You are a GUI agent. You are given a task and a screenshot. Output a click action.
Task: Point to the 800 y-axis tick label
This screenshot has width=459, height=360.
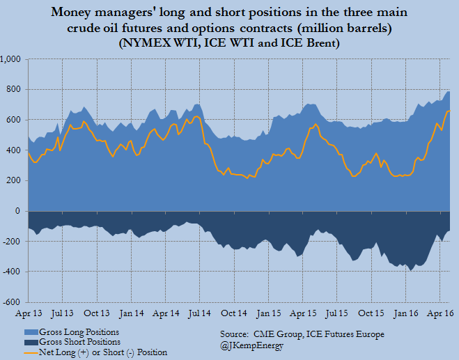(x=15, y=90)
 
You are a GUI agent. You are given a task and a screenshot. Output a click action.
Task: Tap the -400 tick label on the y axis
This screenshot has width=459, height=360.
(x=13, y=272)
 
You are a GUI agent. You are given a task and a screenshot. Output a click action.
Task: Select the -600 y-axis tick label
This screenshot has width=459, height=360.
(x=13, y=302)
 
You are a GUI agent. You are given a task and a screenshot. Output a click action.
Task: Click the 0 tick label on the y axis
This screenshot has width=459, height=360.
(x=21, y=211)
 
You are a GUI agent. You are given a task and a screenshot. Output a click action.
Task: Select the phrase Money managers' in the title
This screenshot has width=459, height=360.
(x=113, y=13)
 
